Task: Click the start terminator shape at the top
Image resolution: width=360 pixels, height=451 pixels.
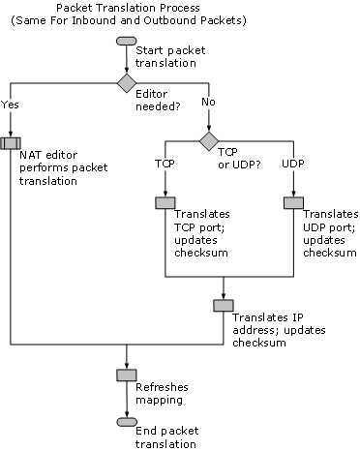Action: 127,41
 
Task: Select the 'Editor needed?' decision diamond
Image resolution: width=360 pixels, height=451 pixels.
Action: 127,83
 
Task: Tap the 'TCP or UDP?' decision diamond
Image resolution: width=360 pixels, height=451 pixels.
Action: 209,141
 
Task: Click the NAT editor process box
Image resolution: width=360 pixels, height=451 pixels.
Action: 11,143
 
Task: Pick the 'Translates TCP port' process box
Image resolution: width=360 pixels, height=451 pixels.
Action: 165,203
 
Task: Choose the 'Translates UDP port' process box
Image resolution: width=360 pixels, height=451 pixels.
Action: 293,203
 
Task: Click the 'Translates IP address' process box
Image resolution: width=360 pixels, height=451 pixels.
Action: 224,306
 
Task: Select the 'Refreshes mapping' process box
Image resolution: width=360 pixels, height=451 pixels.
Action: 127,376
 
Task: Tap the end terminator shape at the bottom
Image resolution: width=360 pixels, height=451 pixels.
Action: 127,422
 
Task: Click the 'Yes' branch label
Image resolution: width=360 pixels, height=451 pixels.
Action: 10,105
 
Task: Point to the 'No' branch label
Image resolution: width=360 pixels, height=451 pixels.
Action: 208,102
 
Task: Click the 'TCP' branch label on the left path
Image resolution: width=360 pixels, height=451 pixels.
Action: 165,164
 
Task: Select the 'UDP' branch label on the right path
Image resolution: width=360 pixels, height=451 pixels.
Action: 293,164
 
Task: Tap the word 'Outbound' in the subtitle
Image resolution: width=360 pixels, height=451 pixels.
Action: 170,20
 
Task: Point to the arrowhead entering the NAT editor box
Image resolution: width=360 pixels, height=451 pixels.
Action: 11,134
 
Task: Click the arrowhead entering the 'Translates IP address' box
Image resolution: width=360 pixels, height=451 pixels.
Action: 224,296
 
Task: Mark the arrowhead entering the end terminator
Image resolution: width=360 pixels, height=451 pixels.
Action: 127,414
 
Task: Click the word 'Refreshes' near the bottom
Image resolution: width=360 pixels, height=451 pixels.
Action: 162,387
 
